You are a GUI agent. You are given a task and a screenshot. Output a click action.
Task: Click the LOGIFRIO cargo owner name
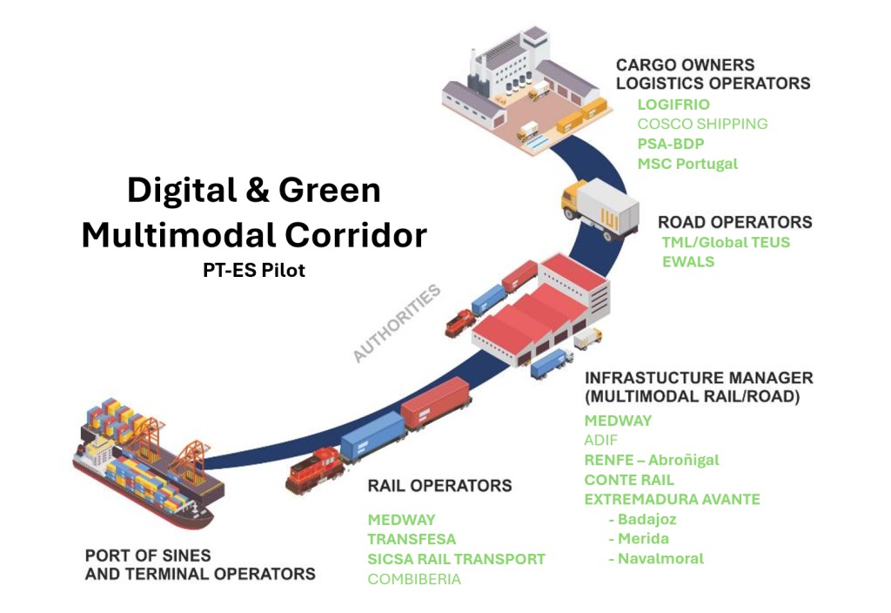click(x=673, y=104)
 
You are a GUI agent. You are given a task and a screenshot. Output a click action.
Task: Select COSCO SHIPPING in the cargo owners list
click(x=702, y=124)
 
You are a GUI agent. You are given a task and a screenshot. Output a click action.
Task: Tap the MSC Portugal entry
click(x=687, y=164)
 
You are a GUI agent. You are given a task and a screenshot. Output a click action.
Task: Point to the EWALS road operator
click(x=687, y=261)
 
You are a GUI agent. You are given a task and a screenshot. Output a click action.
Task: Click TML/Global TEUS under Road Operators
click(x=726, y=242)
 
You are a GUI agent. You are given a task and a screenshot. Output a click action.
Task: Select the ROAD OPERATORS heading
click(x=734, y=222)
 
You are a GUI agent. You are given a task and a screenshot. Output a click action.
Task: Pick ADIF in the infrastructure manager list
click(x=601, y=441)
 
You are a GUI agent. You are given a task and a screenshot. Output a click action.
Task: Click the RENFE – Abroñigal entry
click(x=652, y=460)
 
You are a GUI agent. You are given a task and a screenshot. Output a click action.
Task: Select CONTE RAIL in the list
click(x=629, y=480)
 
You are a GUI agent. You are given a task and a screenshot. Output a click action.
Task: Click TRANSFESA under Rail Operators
click(x=412, y=539)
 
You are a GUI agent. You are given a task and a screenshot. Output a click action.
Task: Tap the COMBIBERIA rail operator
click(x=414, y=579)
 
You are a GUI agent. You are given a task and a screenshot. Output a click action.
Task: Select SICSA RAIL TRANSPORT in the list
click(x=456, y=559)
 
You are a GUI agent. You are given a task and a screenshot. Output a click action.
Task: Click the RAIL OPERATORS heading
click(x=439, y=485)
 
